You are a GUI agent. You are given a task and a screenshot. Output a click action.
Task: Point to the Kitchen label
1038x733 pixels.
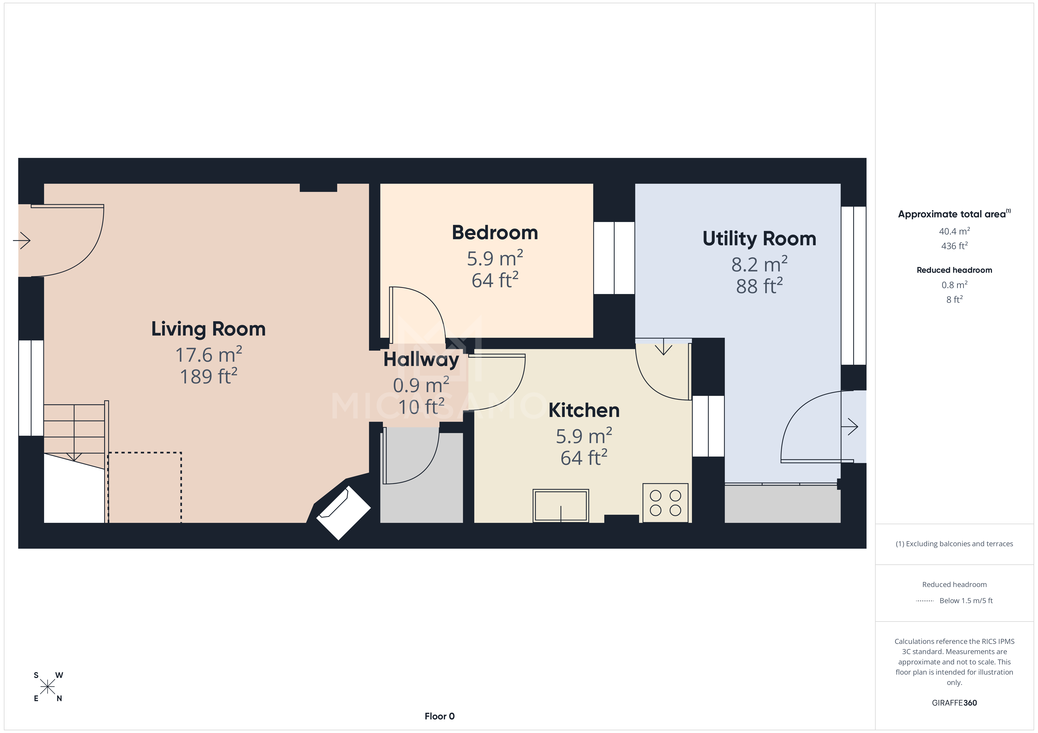click(584, 410)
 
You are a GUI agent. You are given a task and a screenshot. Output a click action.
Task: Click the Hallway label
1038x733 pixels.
click(421, 359)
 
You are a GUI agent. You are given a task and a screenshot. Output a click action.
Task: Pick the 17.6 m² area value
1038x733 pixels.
click(208, 355)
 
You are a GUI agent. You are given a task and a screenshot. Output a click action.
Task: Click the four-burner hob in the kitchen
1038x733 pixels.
click(665, 503)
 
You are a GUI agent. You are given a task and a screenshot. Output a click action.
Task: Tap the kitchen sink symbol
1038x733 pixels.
click(561, 505)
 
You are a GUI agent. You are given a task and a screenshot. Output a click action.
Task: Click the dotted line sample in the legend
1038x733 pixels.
click(925, 601)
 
